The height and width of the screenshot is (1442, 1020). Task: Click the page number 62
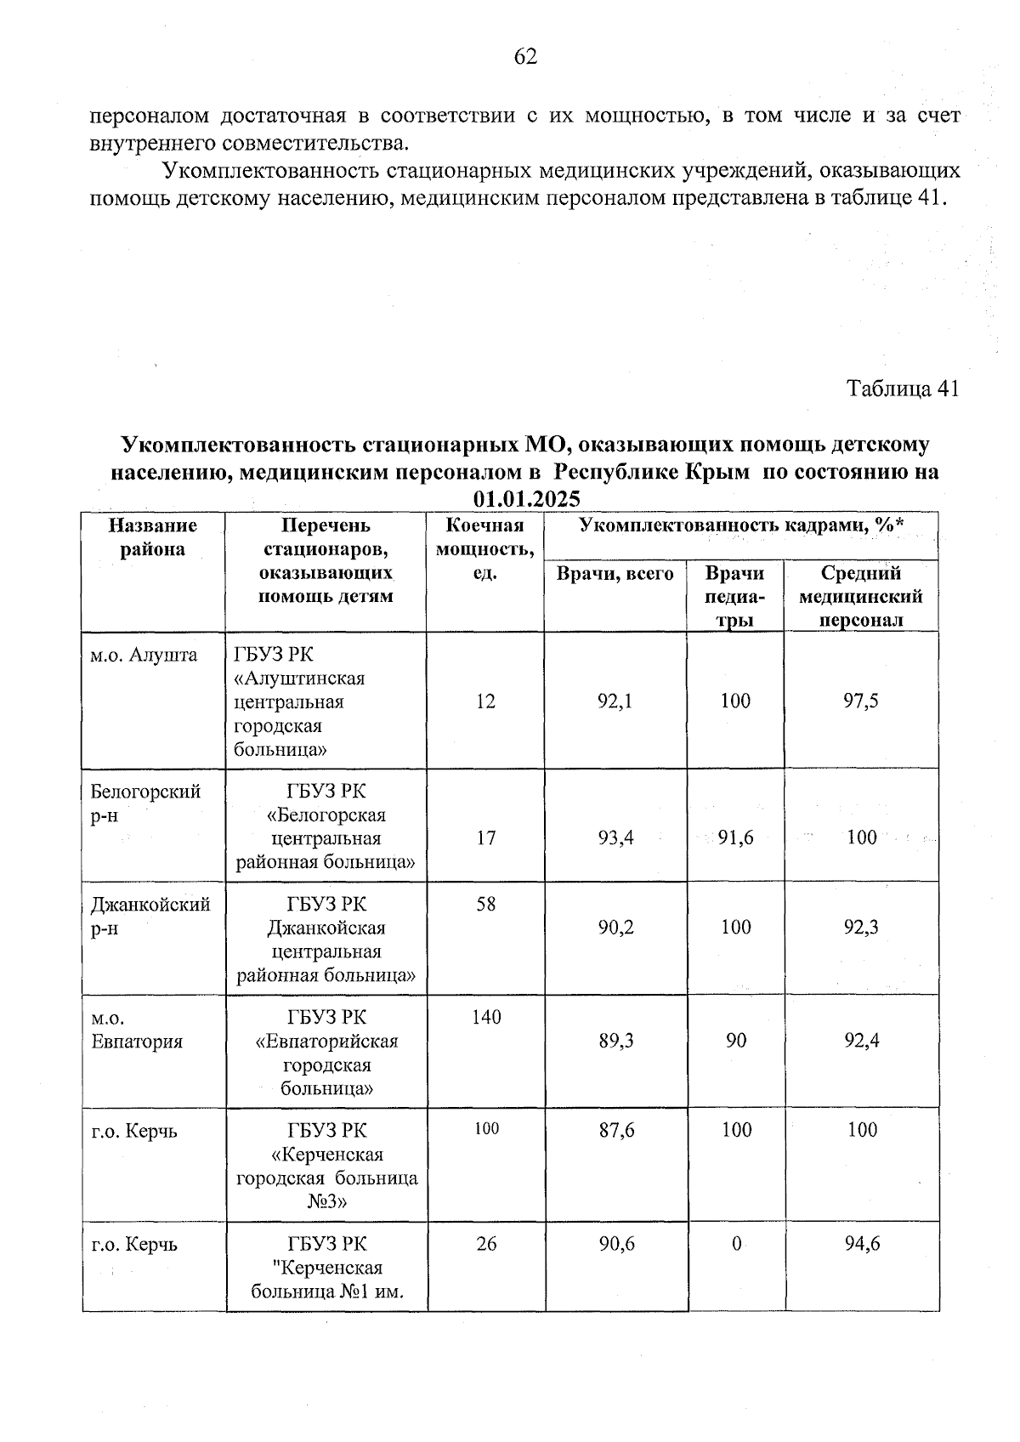point(525,57)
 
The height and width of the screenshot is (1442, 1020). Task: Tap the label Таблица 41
point(903,389)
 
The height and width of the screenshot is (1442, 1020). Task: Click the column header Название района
point(153,537)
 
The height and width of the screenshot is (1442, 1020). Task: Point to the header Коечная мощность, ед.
point(484,549)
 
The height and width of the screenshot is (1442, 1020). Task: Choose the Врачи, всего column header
point(615,574)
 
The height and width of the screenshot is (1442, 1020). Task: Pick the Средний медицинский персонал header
point(861,596)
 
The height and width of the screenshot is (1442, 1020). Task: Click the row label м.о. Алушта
point(144,655)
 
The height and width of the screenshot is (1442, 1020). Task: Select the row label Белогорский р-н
point(145,803)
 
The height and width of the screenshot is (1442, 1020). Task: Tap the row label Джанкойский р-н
point(150,916)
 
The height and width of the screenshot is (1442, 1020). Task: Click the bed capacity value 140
point(486,1017)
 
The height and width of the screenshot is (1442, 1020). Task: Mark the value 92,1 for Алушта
point(615,701)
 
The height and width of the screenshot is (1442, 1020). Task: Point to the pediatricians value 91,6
point(735,837)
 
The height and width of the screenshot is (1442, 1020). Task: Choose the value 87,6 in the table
point(616,1130)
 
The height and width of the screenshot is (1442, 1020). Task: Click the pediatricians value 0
point(736,1244)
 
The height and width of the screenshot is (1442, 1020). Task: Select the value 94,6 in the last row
point(862,1244)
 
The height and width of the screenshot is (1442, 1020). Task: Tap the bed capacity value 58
point(486,903)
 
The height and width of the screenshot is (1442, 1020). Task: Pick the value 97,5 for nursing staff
point(861,701)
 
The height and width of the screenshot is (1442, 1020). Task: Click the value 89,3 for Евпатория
point(616,1041)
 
